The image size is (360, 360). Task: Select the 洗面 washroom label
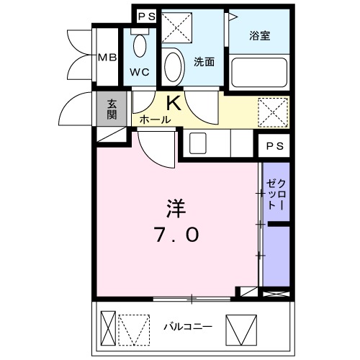point(204,62)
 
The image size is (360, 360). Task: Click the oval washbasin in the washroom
point(173,68)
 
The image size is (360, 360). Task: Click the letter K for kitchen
point(174,103)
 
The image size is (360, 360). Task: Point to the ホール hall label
point(154,120)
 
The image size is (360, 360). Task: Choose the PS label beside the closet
point(274,146)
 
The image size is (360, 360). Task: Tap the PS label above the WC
point(146,15)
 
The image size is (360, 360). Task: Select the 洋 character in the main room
point(176,208)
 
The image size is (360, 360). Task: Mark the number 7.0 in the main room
point(176,235)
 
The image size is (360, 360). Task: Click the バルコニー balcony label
point(186,326)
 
